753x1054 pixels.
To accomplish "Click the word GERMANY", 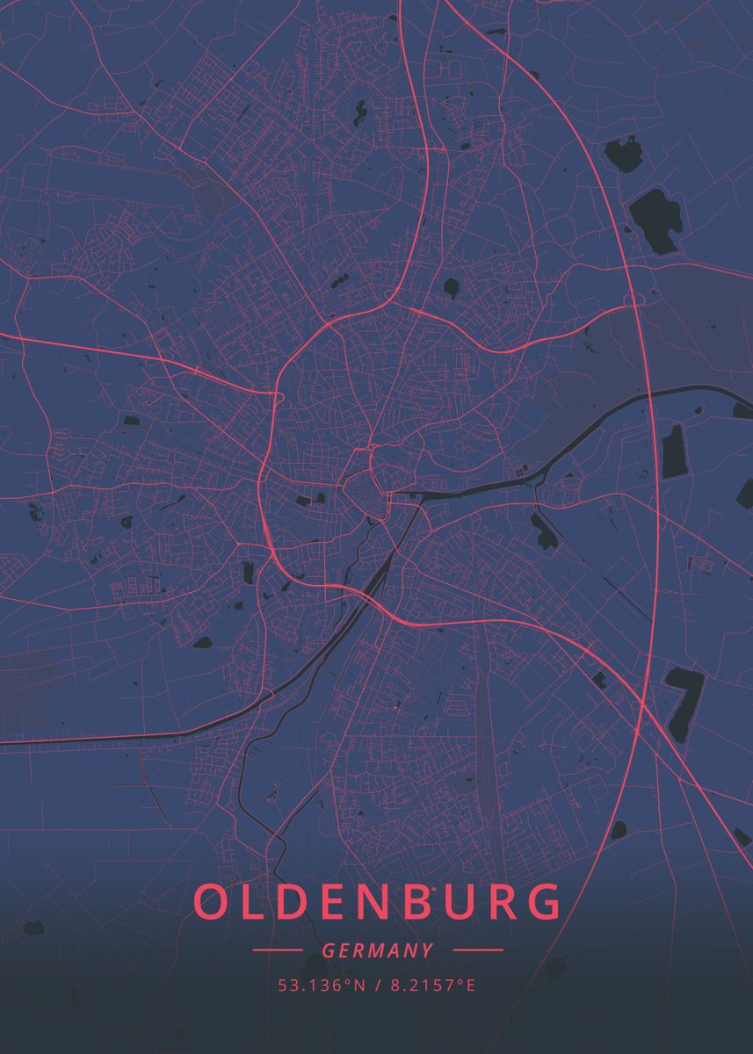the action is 377,950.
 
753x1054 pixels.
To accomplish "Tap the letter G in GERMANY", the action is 328,950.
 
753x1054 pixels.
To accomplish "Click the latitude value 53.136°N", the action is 321,985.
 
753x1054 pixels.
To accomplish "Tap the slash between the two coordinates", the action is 376,985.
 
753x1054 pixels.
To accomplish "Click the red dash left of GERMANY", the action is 278,950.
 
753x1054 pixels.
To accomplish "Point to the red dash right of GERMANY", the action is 478,950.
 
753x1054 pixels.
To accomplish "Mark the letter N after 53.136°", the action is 359,985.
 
